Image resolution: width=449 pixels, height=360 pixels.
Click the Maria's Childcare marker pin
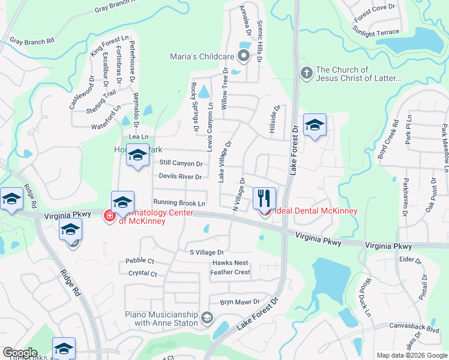[x=244, y=57]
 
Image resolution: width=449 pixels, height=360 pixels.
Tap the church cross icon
[x=306, y=73]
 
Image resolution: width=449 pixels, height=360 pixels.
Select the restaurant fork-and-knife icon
[x=264, y=197]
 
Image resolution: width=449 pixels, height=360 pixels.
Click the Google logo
[x=20, y=353]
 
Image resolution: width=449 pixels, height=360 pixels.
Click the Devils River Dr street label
[x=180, y=176]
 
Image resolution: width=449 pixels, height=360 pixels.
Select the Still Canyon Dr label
[x=181, y=163]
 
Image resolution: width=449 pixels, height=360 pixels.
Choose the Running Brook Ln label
[x=179, y=203]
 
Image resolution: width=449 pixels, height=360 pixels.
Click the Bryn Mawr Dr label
[x=239, y=302]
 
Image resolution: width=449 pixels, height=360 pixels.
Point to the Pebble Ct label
[x=140, y=261]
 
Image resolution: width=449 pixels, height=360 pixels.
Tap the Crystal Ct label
[x=143, y=274]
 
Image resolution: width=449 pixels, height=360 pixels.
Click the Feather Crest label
[x=231, y=272]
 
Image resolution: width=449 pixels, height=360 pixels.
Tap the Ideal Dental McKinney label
[x=316, y=211]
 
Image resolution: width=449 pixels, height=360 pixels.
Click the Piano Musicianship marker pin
[x=207, y=318]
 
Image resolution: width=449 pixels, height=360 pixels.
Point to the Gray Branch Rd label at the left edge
[x=32, y=41]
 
